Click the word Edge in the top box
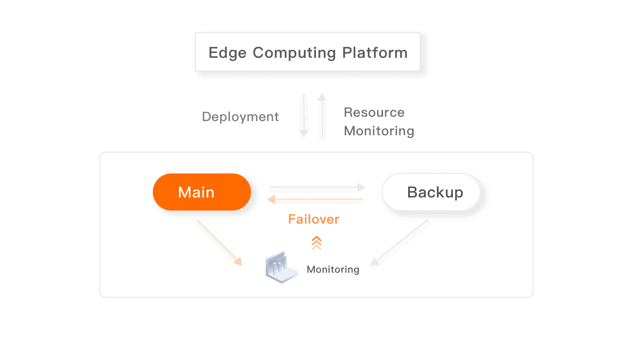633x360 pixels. pyautogui.click(x=227, y=53)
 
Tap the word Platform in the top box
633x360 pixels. pyautogui.click(x=375, y=53)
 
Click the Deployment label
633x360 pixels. pyautogui.click(x=240, y=117)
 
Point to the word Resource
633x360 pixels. pyautogui.click(x=374, y=113)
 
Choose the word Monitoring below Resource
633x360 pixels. pyautogui.click(x=379, y=131)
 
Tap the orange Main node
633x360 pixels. pyautogui.click(x=201, y=192)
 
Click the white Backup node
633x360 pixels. pyautogui.click(x=431, y=193)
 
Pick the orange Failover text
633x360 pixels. pyautogui.click(x=314, y=220)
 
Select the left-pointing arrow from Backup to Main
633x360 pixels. pyautogui.click(x=316, y=201)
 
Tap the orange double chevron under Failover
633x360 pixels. pyautogui.click(x=316, y=243)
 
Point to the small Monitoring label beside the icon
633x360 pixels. pyautogui.click(x=332, y=269)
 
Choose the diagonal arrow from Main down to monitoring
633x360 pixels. pyautogui.click(x=218, y=243)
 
